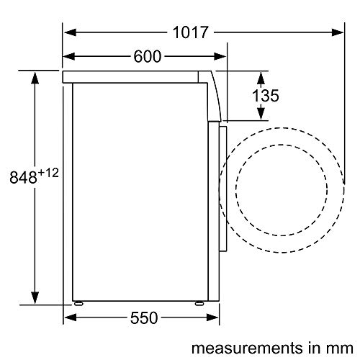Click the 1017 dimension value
click(190, 32)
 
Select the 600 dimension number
click(148, 57)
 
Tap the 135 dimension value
click(266, 96)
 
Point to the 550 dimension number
click(144, 318)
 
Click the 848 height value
click(23, 177)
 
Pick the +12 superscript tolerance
click(48, 173)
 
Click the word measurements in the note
click(247, 348)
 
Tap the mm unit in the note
click(341, 349)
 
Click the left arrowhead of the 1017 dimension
click(71, 32)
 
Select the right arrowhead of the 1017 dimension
click(338, 32)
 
